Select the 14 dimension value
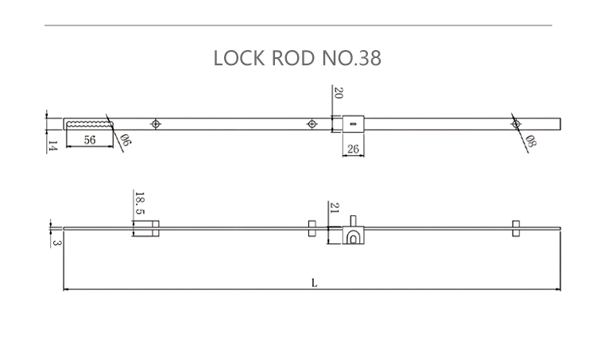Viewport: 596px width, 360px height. [52, 145]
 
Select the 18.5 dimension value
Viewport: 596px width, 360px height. [140, 203]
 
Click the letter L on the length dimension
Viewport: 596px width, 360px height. [315, 281]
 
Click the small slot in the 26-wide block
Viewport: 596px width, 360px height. [352, 123]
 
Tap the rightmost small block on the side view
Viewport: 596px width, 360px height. [516, 229]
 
